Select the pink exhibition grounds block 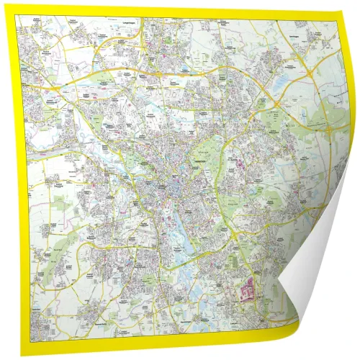pos(247,293)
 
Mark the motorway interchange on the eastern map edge pos(310,72)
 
